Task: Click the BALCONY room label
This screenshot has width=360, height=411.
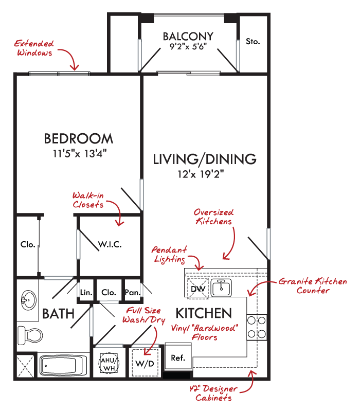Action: pos(188,37)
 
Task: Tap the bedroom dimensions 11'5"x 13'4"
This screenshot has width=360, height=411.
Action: pos(80,153)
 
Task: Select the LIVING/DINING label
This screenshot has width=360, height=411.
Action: pos(205,159)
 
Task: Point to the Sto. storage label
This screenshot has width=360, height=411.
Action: pos(253,42)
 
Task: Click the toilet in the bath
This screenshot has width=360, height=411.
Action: pos(30,335)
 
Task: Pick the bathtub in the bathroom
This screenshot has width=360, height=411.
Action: pos(63,365)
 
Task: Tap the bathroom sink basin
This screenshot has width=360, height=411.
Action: pos(29,300)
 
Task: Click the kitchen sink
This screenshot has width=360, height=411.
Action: pos(221,288)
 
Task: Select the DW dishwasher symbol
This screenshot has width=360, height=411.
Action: pos(198,289)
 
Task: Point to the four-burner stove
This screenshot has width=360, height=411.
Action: pos(257,327)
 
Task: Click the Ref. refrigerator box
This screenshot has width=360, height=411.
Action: pos(178,358)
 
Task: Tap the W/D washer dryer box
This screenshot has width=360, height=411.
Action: pos(145,363)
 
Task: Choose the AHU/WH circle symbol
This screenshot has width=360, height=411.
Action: pos(109,363)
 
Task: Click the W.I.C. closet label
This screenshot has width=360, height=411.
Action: pos(110,244)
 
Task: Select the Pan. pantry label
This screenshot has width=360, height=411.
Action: pos(133,292)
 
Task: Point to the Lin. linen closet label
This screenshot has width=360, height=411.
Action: pos(86,292)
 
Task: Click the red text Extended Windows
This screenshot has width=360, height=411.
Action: pos(34,48)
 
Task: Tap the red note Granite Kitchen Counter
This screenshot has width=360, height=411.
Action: pos(313,285)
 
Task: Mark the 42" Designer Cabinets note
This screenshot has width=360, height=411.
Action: pos(213,393)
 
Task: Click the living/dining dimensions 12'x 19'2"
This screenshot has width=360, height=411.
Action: pos(201,174)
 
